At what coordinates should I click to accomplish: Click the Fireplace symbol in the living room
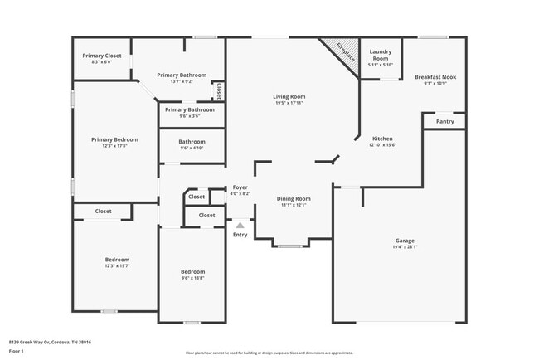click(338, 55)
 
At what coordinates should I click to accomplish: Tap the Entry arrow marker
click(240, 225)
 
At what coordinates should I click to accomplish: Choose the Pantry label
click(445, 121)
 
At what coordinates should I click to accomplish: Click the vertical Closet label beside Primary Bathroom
click(218, 90)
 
